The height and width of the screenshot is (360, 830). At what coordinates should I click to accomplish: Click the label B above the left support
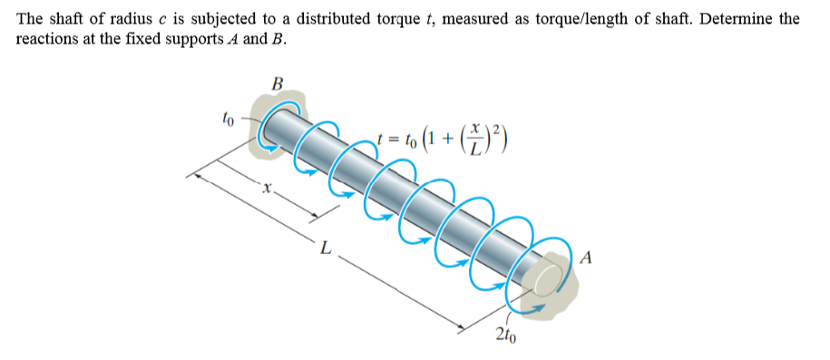[278, 84]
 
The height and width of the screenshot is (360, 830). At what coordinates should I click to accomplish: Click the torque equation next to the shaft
[444, 140]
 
